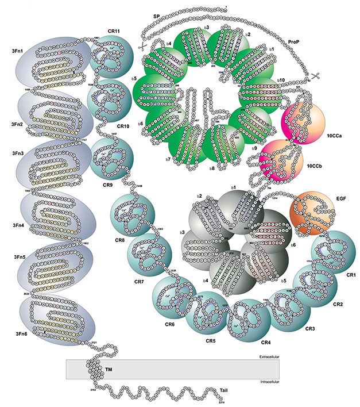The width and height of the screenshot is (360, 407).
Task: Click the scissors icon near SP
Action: point(141,45)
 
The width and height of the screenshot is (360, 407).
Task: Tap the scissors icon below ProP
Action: point(315,77)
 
